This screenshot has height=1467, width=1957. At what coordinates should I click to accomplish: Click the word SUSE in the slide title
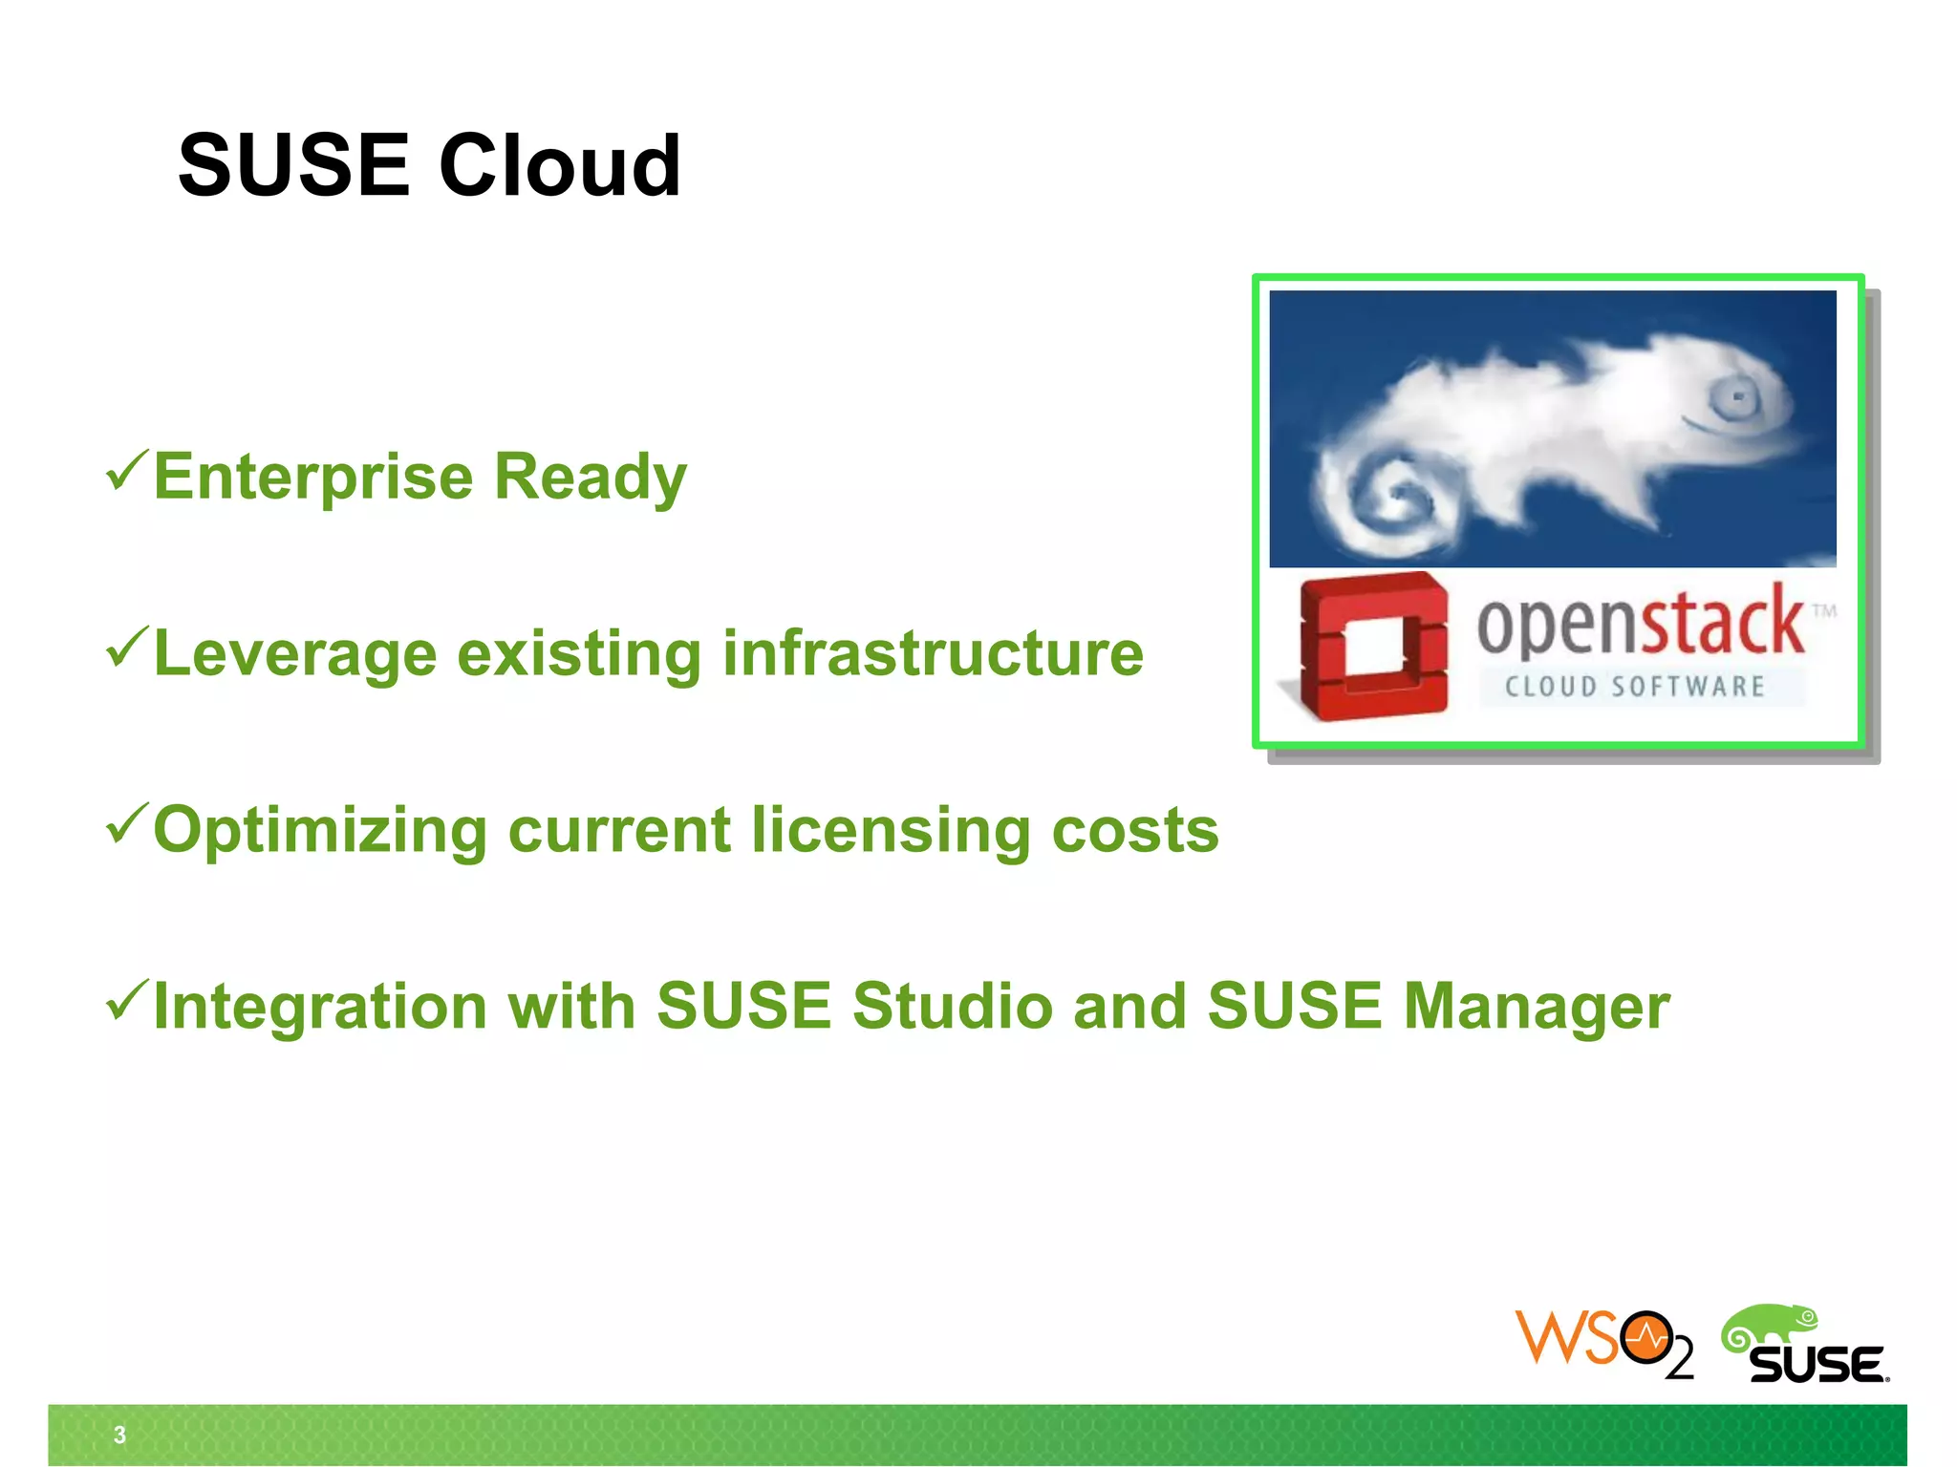(293, 165)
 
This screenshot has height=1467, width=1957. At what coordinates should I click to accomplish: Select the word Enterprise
(312, 477)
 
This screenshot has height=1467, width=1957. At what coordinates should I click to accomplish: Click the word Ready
(590, 477)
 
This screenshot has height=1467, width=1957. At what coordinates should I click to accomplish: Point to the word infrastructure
(933, 653)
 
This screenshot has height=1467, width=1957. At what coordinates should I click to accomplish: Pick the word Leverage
(294, 655)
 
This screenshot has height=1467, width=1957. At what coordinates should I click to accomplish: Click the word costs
(1135, 830)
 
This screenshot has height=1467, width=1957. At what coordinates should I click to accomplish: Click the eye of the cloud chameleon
(1737, 396)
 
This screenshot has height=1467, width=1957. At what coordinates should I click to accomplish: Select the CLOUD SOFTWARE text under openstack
(1634, 687)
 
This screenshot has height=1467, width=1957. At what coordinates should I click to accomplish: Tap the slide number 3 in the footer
(119, 1435)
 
